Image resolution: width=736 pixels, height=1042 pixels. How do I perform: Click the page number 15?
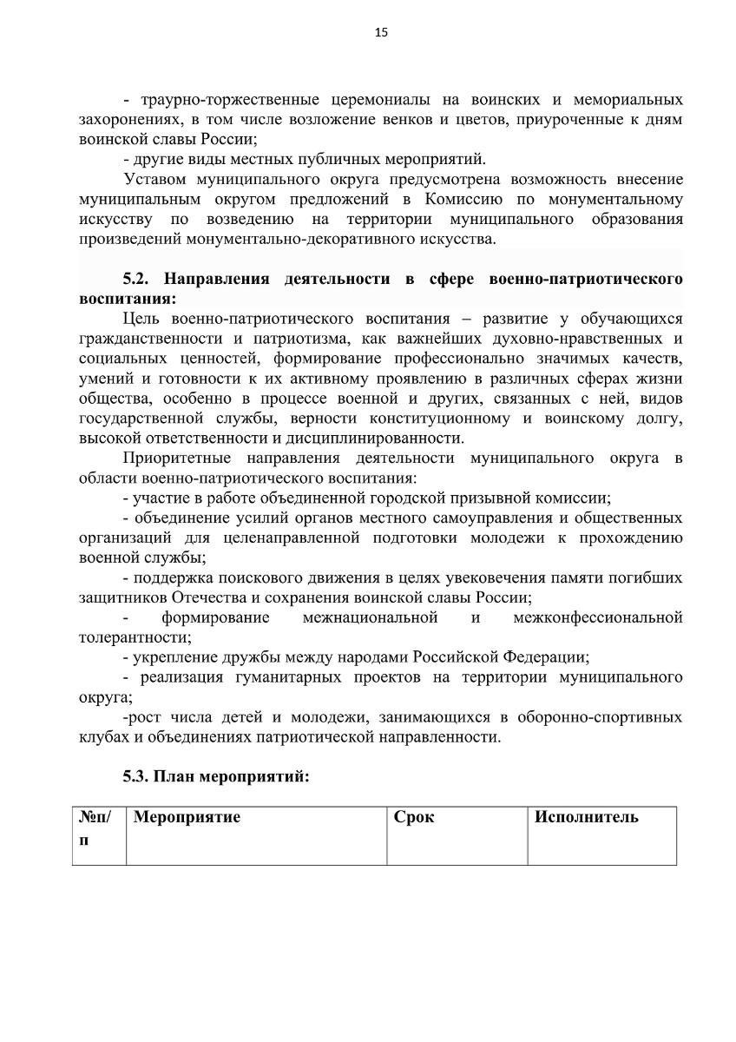(x=381, y=33)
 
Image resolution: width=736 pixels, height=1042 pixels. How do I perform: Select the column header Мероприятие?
(x=187, y=817)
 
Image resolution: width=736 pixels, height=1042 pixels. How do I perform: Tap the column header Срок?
(x=414, y=817)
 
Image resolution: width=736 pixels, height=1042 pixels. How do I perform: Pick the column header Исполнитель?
(x=587, y=817)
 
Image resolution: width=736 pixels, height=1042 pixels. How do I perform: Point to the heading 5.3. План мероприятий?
(x=216, y=776)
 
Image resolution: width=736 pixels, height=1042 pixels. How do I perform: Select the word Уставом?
(x=156, y=179)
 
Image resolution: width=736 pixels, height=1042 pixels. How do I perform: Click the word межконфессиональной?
(x=598, y=617)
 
